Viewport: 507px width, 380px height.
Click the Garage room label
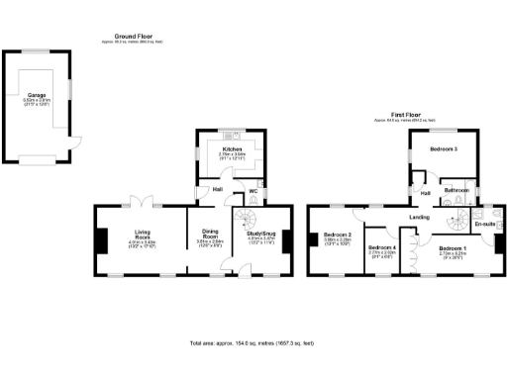point(37,95)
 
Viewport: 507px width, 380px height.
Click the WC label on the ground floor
point(253,192)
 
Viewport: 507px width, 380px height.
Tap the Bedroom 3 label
point(443,148)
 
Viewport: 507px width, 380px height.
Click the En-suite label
point(484,225)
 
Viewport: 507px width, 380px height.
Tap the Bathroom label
point(456,189)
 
